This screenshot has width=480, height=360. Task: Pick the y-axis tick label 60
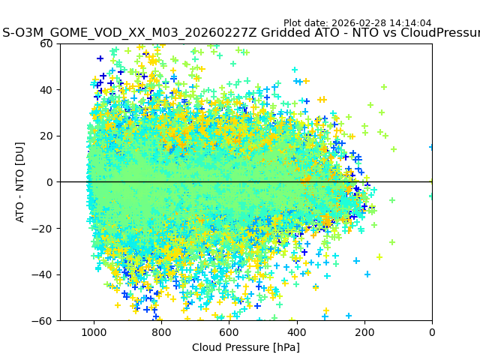47,43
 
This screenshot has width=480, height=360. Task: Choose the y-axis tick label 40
47,90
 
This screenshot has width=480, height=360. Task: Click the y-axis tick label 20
47,136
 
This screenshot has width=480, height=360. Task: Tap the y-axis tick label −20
44,229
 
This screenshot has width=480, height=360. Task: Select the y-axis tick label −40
44,274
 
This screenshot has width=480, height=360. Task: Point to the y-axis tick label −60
44,321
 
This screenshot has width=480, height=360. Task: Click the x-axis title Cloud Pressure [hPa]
246,347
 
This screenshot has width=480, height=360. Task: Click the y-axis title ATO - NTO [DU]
21,182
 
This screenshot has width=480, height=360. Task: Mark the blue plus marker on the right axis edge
432,147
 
